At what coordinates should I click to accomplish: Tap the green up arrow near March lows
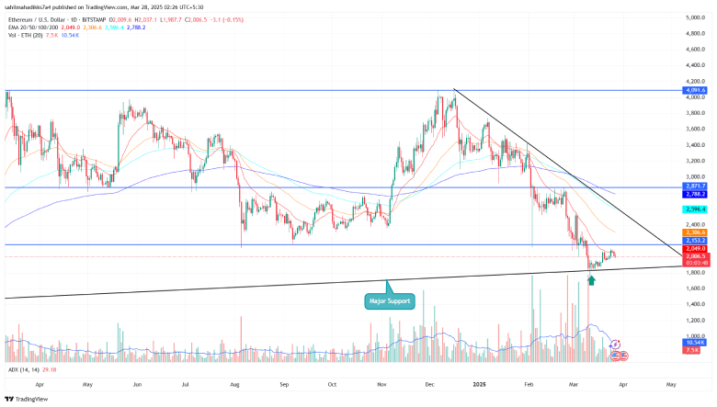[x=592, y=277]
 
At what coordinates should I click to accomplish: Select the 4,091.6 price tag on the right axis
[x=696, y=90]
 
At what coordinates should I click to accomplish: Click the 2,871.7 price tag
[x=696, y=187]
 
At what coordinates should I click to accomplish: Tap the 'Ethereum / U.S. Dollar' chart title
[x=46, y=17]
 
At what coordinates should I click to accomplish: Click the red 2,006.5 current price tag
[x=696, y=256]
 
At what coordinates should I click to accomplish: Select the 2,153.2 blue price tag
[x=696, y=241]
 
